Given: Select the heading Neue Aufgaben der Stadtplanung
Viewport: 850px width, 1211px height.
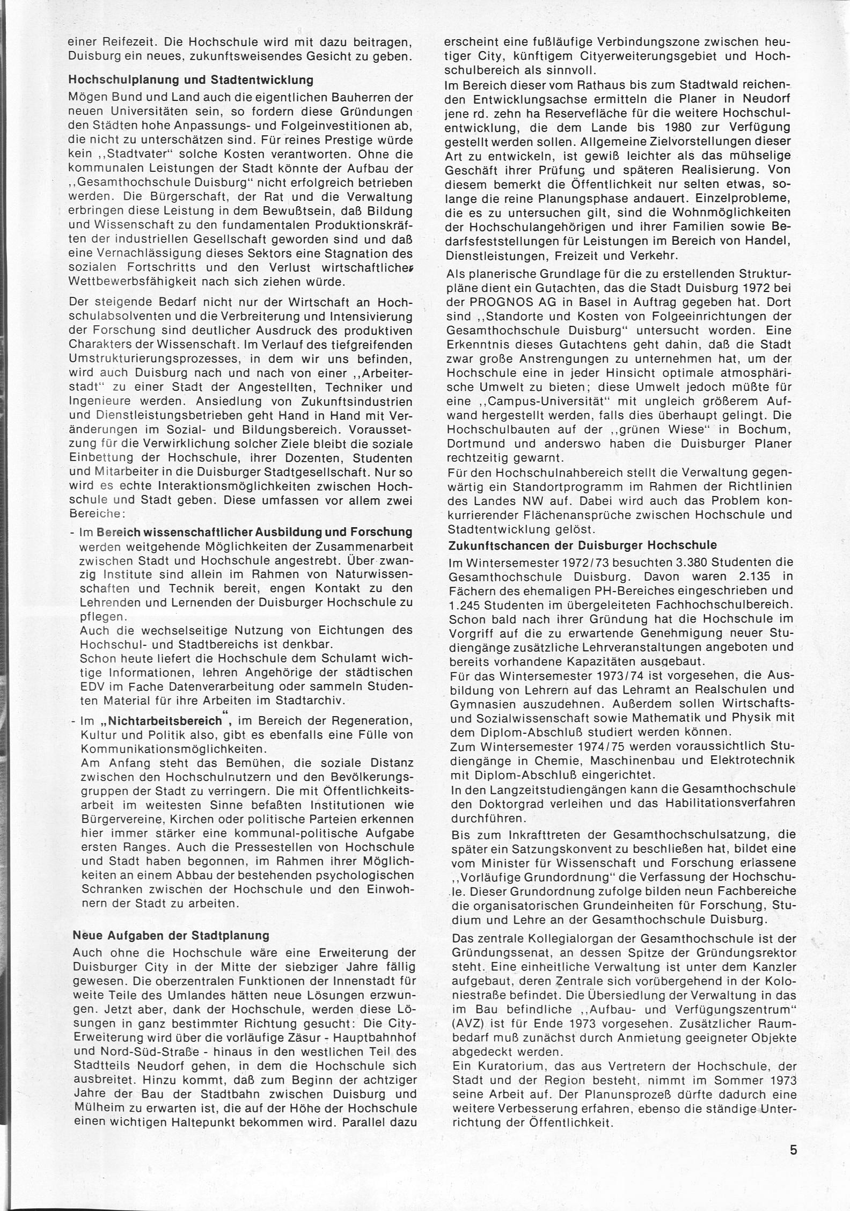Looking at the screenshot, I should [x=171, y=935].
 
